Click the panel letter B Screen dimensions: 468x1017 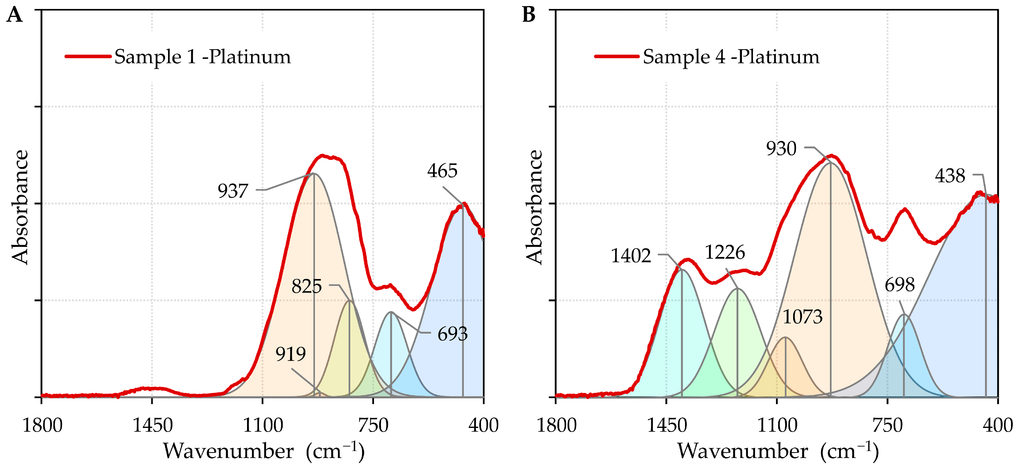tap(529, 15)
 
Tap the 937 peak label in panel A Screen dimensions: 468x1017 tap(233, 191)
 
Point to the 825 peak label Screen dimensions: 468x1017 tap(306, 286)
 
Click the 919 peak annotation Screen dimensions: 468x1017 tap(291, 354)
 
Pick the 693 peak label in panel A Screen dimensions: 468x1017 tap(452, 334)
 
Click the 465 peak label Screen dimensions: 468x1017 tap(442, 171)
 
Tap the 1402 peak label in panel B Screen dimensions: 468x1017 tap(631, 256)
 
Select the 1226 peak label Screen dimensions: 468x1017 tap(725, 252)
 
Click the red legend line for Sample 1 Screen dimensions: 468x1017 tap(88, 56)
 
